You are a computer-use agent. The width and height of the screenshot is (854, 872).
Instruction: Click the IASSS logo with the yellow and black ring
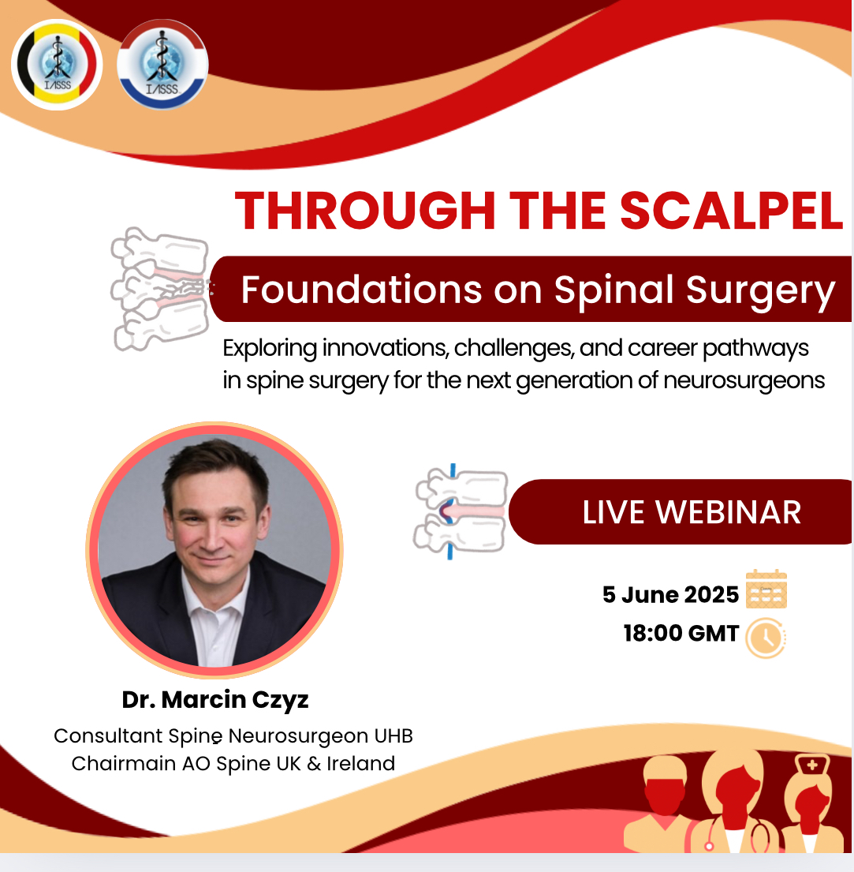(57, 64)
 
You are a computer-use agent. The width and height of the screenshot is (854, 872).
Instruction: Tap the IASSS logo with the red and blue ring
(162, 65)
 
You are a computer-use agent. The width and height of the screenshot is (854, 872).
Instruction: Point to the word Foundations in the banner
(360, 290)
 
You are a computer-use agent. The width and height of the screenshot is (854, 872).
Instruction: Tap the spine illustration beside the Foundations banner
(162, 289)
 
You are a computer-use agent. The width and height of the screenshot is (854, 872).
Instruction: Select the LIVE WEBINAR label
(692, 512)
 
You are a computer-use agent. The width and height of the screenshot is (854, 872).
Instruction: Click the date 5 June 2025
(670, 594)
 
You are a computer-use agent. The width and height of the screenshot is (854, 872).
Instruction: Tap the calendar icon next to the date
(766, 589)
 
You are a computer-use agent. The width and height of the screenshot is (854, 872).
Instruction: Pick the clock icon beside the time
(766, 638)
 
